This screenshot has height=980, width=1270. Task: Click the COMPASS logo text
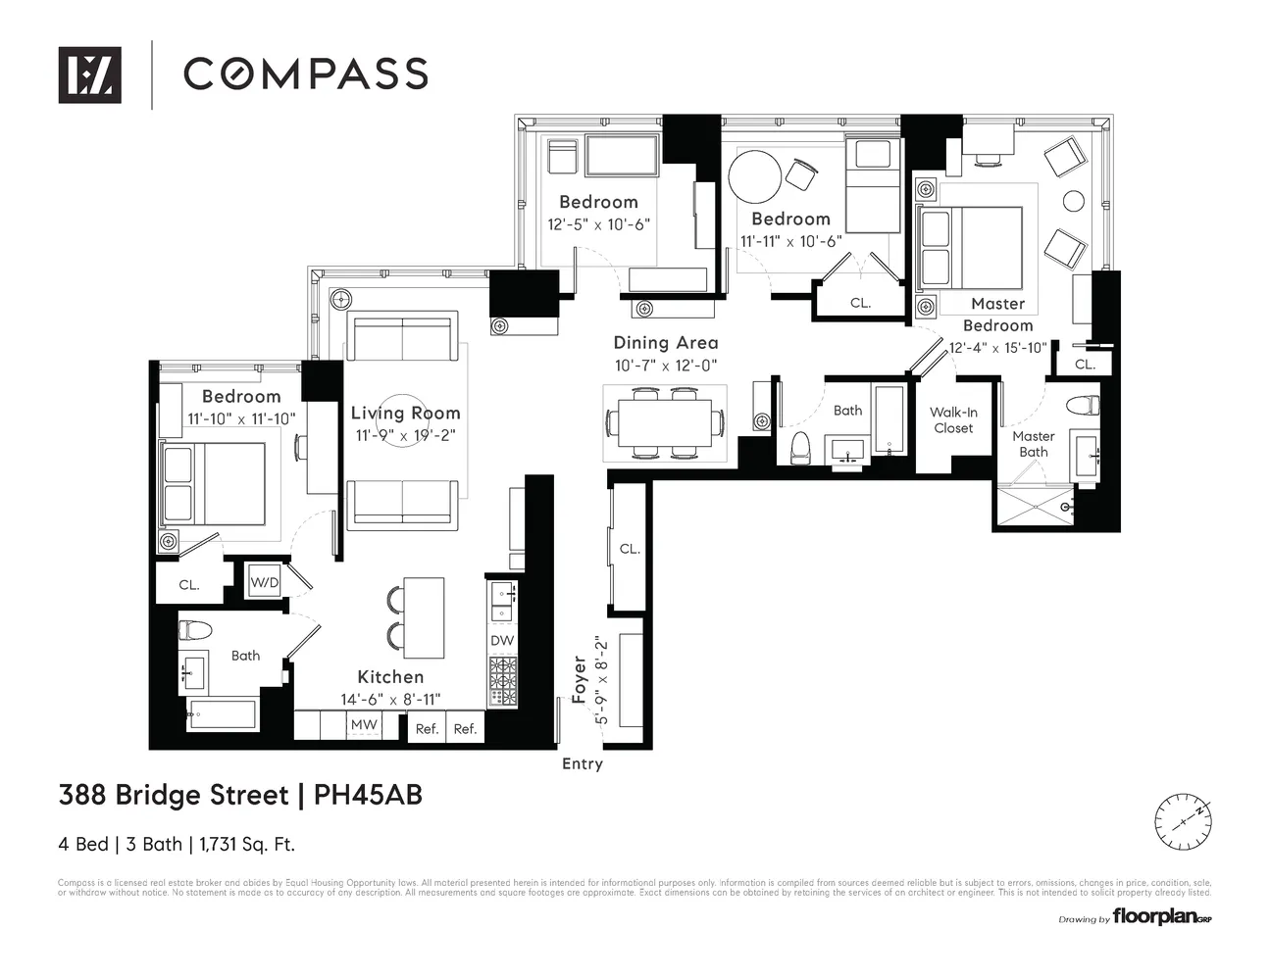[x=305, y=73]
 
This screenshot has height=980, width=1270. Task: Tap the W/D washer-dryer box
[x=264, y=583]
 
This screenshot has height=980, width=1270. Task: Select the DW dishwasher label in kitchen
[x=502, y=640]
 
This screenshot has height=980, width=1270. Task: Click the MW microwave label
[x=364, y=725]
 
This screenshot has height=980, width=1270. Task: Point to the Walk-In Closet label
[x=953, y=420]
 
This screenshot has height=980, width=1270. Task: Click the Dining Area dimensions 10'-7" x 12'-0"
[x=666, y=366]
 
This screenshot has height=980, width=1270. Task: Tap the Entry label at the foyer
[x=582, y=764]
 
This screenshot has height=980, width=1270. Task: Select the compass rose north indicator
[x=1183, y=822]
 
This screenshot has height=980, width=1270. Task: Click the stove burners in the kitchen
[x=502, y=680]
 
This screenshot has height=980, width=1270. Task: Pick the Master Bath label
[x=1033, y=444]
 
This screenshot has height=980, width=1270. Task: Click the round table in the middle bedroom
[x=755, y=175]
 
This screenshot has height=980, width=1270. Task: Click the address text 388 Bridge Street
[x=174, y=795]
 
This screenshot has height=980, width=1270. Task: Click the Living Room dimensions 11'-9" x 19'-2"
[x=405, y=434]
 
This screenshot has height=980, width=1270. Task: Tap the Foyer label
[x=580, y=679]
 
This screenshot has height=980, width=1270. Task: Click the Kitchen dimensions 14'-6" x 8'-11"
[x=390, y=699]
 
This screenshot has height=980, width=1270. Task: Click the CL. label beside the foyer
[x=630, y=549]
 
